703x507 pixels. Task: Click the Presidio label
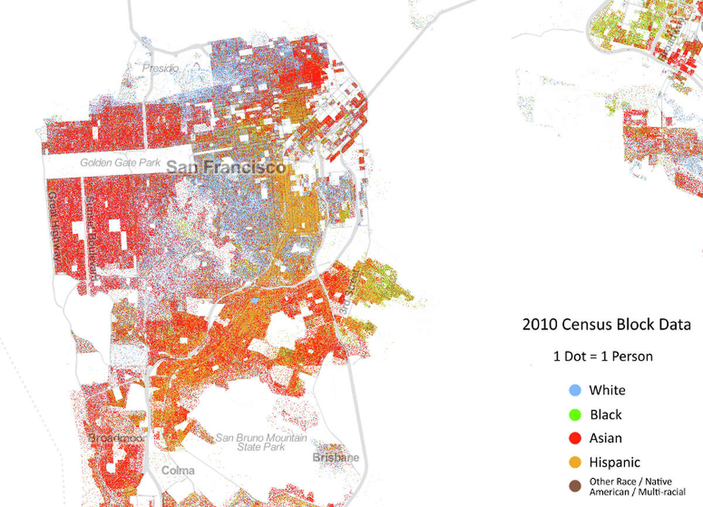click(x=161, y=68)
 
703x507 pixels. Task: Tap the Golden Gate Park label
click(x=121, y=162)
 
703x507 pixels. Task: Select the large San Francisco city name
click(x=226, y=167)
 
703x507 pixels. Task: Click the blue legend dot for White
click(x=575, y=390)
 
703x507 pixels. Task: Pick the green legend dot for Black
click(x=575, y=414)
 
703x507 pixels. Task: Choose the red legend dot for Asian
click(x=575, y=438)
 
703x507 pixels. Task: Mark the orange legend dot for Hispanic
click(x=575, y=463)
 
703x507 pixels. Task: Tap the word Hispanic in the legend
click(x=615, y=463)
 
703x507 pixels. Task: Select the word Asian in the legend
click(x=606, y=438)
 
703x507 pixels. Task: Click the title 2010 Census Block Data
click(x=606, y=324)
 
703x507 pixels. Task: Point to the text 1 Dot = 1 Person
click(x=603, y=356)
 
